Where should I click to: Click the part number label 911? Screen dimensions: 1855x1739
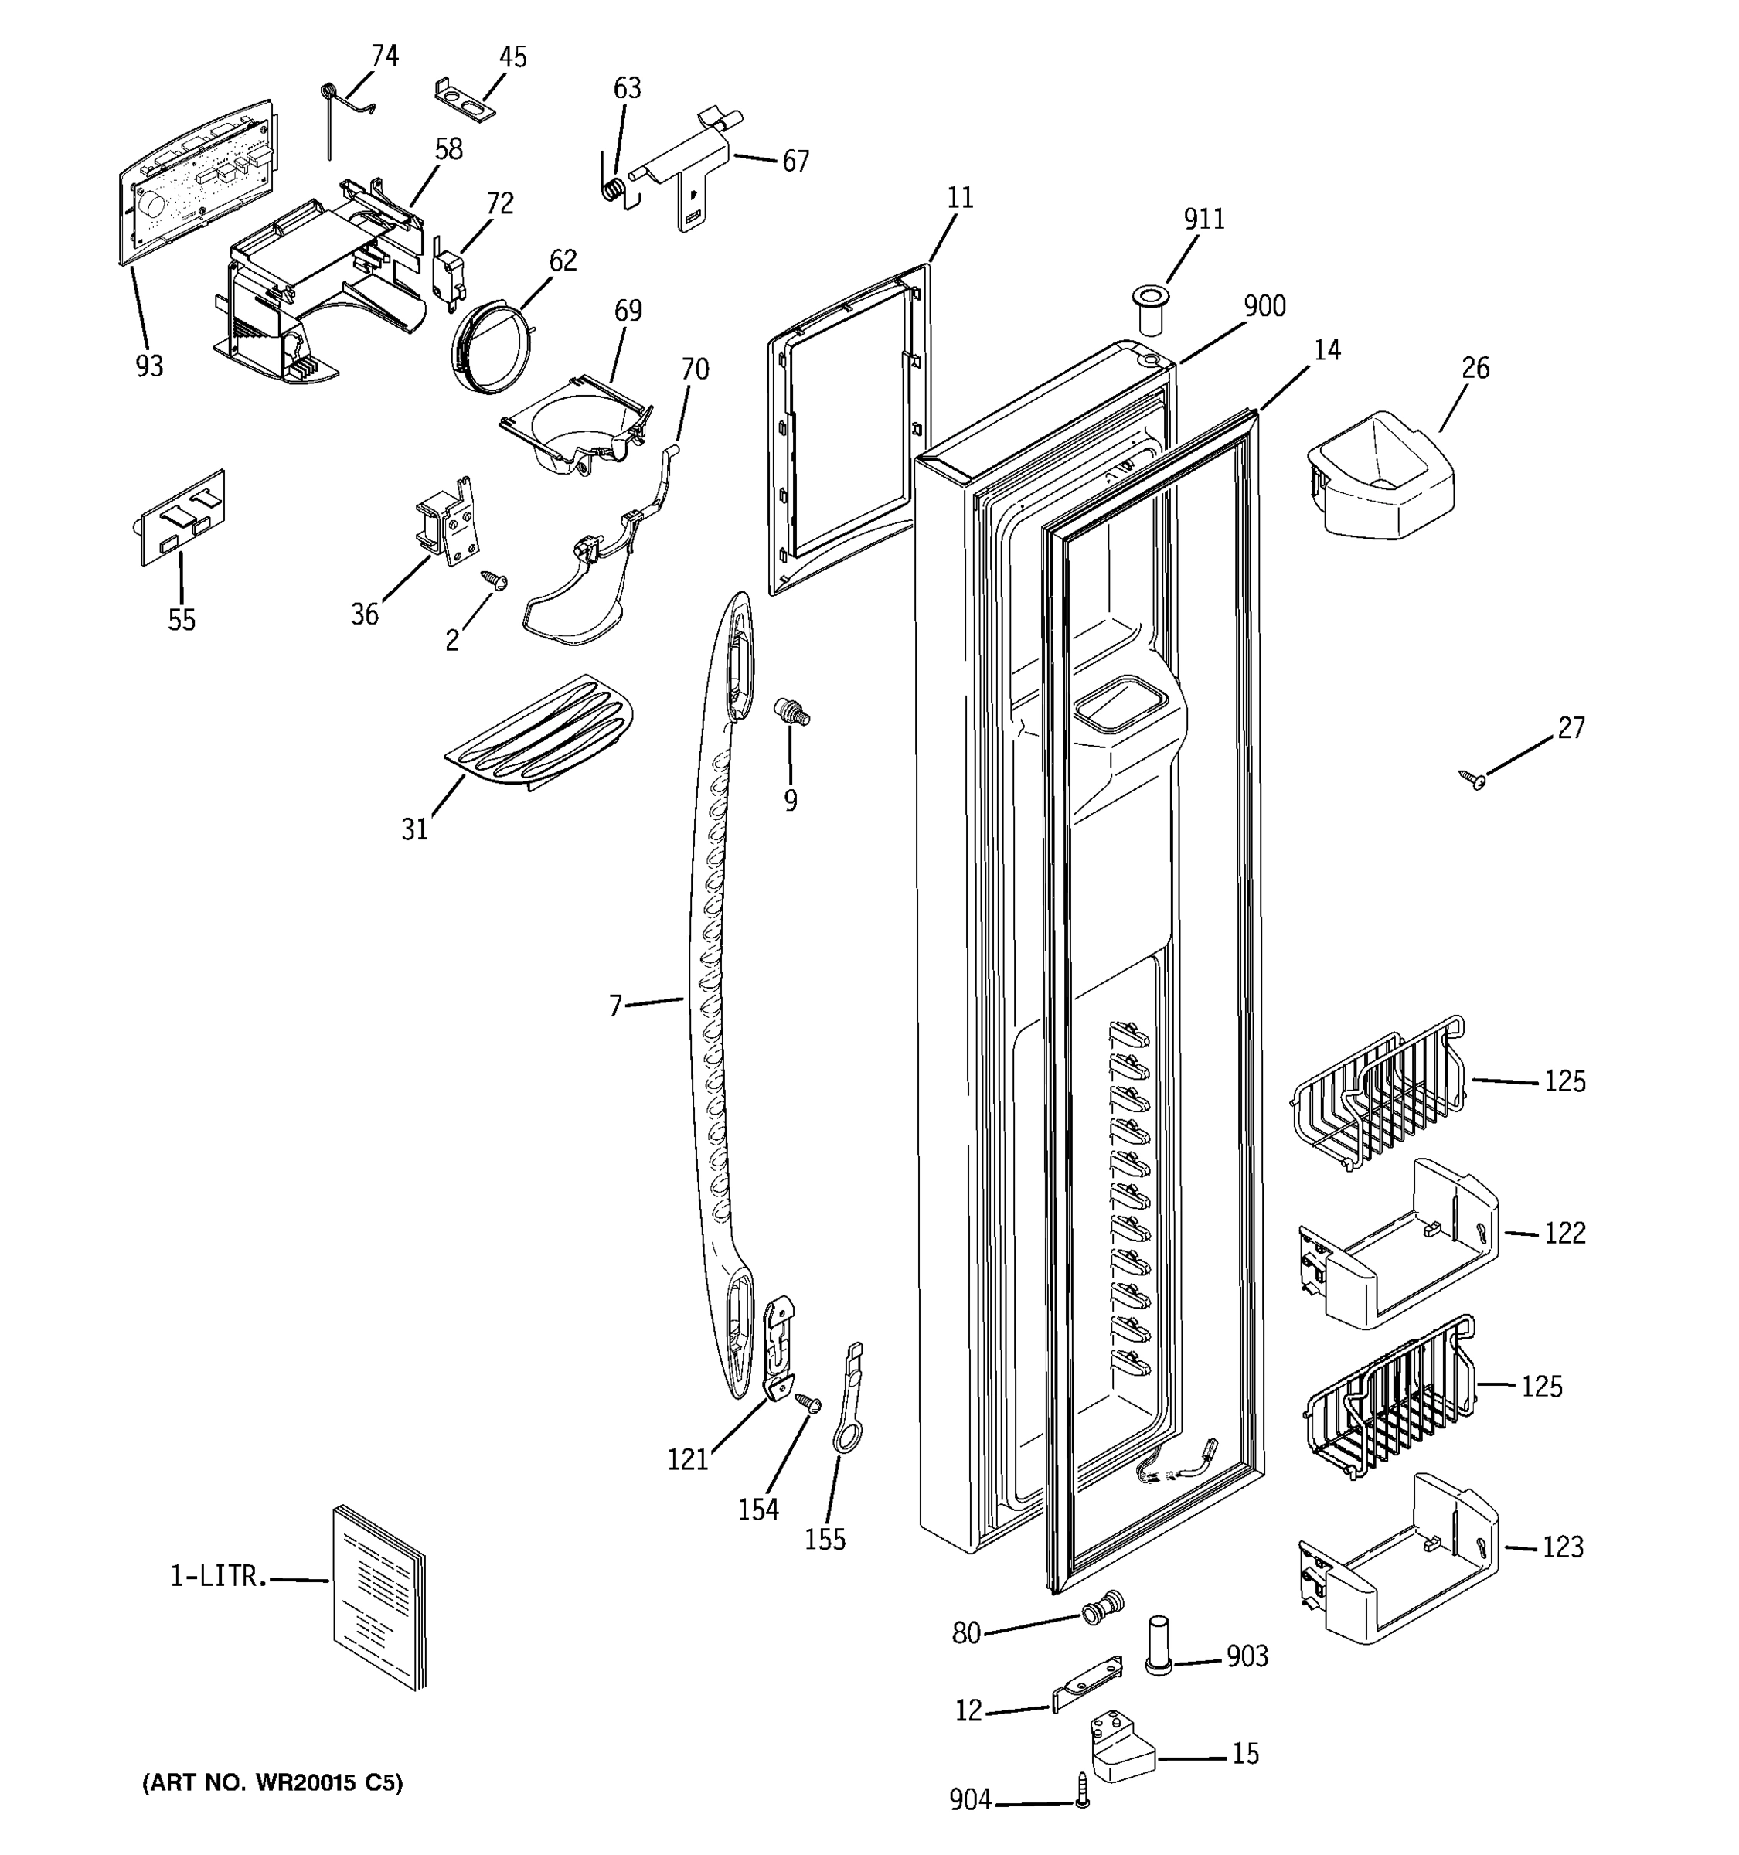coord(1203,220)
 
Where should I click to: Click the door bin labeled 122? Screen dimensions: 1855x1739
coord(1397,1243)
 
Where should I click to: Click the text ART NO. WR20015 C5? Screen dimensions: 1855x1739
coord(272,1783)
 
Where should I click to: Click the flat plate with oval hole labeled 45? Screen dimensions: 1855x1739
coord(465,100)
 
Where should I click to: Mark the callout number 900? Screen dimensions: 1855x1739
coord(1264,306)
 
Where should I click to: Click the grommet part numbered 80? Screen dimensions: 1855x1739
coord(1101,1607)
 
